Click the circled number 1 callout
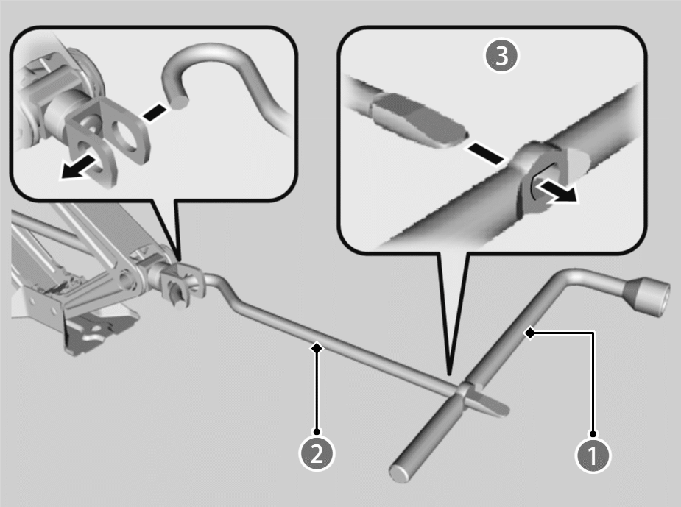coord(593,455)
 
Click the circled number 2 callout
coord(317,453)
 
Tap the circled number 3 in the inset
coord(501,56)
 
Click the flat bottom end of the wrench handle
coord(400,473)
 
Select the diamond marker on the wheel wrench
coord(530,333)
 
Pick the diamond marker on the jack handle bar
coord(317,348)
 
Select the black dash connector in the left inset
coord(154,113)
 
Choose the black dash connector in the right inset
coord(486,154)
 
